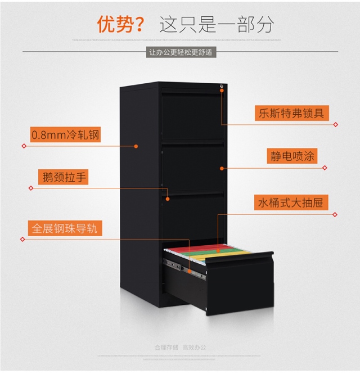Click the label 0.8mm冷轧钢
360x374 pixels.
(65, 134)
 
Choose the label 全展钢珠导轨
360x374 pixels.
(65, 228)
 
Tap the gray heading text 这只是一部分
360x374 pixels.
(217, 24)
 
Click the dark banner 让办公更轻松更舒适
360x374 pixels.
(180, 52)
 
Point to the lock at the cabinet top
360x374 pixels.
(222, 87)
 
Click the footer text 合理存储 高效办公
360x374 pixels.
(180, 347)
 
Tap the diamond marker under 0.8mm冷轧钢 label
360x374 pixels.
(24, 146)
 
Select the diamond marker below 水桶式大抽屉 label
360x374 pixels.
(335, 214)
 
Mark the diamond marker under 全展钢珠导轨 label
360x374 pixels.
(22, 239)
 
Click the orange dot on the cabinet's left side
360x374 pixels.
(136, 146)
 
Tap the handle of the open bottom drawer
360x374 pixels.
(247, 260)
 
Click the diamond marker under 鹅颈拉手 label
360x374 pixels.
(30, 188)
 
